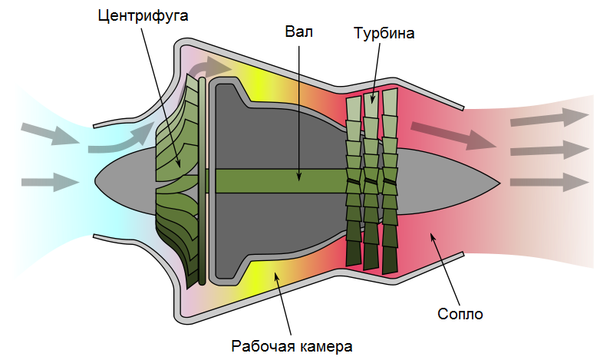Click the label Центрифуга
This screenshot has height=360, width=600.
[x=143, y=15]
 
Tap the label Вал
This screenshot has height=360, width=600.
[x=299, y=32]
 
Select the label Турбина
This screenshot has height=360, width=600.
[x=384, y=34]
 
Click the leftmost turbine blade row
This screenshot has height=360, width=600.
[x=353, y=181]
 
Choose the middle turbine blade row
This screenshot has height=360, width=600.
[x=372, y=181]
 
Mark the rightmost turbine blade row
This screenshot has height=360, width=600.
[x=390, y=181]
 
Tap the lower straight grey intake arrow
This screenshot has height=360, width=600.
[x=49, y=183]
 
